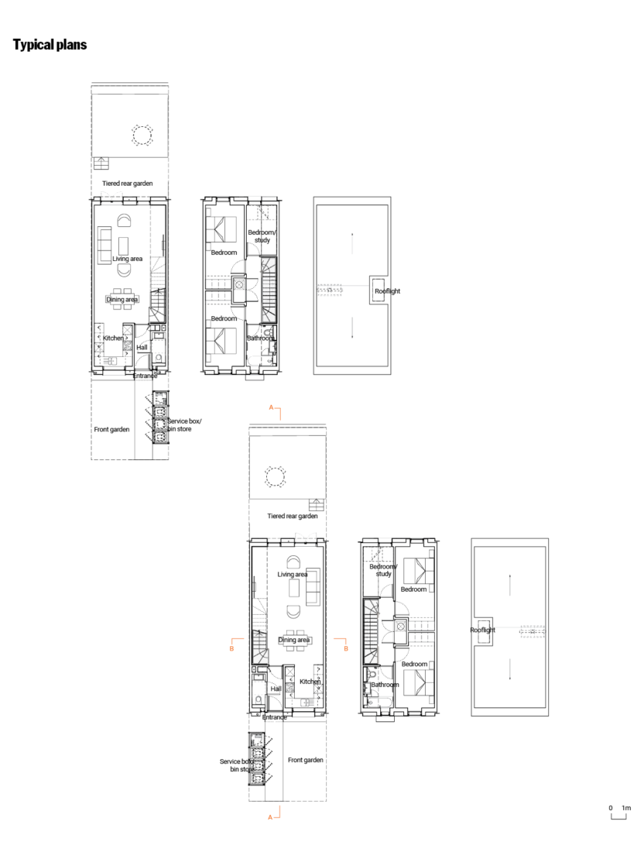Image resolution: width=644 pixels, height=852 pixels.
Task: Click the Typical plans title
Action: coord(50,45)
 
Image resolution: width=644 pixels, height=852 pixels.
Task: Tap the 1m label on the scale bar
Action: coord(626,808)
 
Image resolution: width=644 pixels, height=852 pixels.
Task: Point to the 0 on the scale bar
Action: coord(611,808)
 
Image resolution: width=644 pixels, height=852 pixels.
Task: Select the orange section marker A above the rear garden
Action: coord(271,407)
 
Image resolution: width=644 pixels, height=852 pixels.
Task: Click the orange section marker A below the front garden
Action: coord(270,816)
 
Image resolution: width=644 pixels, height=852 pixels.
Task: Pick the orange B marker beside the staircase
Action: coord(231,648)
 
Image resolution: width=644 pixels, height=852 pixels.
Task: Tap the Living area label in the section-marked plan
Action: coord(293,575)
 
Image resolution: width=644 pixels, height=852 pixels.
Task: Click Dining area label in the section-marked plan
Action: coord(294,640)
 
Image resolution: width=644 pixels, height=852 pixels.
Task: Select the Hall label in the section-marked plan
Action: coord(276,688)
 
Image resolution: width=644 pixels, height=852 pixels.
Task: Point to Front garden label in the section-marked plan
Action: coord(305,760)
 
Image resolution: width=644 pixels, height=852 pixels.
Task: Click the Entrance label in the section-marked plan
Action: coord(275,717)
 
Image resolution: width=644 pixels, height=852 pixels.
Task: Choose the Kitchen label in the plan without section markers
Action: coord(113,338)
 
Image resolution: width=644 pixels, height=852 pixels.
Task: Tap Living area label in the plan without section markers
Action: coord(127,259)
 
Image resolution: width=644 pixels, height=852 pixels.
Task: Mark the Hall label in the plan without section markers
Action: coord(142,348)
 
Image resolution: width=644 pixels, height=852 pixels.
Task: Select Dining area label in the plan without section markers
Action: coord(122,299)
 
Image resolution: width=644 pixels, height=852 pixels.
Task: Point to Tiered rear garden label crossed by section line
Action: coord(293,516)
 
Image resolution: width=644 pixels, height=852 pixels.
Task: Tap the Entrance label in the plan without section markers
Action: coord(145,376)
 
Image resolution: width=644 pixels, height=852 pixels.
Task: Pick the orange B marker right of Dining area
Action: coord(346,648)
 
